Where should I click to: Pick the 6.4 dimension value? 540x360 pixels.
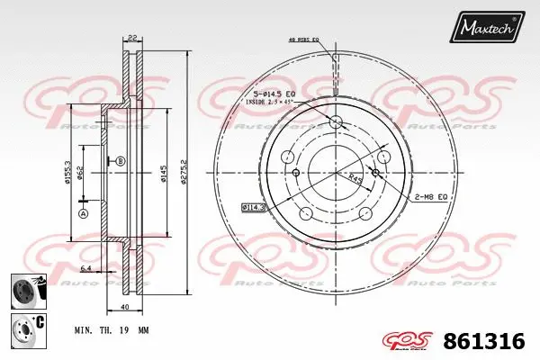point(86,268)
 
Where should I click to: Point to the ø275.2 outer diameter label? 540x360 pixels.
point(185,171)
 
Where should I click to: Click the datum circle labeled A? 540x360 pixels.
point(83,214)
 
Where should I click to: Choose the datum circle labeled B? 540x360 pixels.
point(121,160)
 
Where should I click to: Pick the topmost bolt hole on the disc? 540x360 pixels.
point(335,122)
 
